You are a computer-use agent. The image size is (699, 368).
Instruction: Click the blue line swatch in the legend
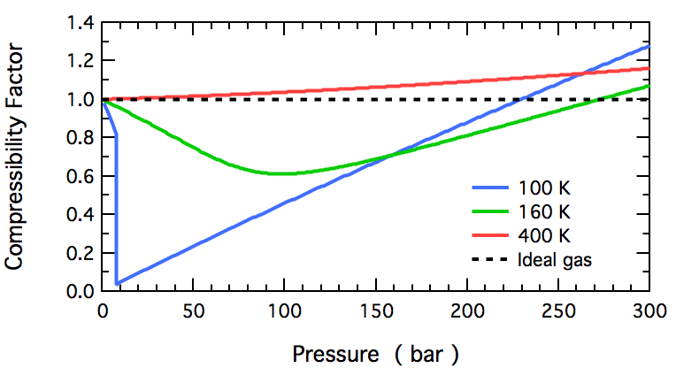pyautogui.click(x=492, y=189)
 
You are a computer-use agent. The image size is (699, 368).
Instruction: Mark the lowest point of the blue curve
pyautogui.click(x=117, y=283)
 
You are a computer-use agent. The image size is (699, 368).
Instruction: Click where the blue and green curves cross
pyautogui.click(x=388, y=157)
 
